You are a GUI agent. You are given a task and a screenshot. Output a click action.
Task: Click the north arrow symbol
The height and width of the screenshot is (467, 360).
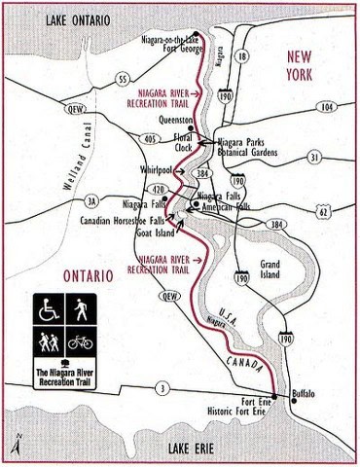(9, 443)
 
